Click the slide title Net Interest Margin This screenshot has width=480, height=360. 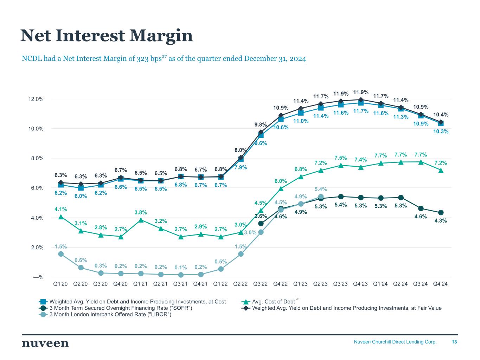[x=107, y=36]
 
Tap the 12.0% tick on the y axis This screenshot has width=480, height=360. [x=36, y=99]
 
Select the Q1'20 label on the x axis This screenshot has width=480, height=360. [x=60, y=284]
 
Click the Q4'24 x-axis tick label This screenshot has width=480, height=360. [x=441, y=284]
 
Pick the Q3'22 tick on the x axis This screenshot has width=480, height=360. [x=261, y=284]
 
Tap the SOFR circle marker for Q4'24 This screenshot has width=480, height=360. [x=441, y=212]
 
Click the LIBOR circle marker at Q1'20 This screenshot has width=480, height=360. [x=61, y=254]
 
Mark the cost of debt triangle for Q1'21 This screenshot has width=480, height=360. [x=141, y=220]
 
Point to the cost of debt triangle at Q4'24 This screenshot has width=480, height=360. [x=441, y=171]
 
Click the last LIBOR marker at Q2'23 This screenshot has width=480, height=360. [x=321, y=197]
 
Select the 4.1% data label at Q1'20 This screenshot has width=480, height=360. [x=60, y=209]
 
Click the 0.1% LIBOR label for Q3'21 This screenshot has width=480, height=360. [x=181, y=268]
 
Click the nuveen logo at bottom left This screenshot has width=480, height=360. [x=45, y=343]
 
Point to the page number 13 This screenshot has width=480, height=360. [x=454, y=342]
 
